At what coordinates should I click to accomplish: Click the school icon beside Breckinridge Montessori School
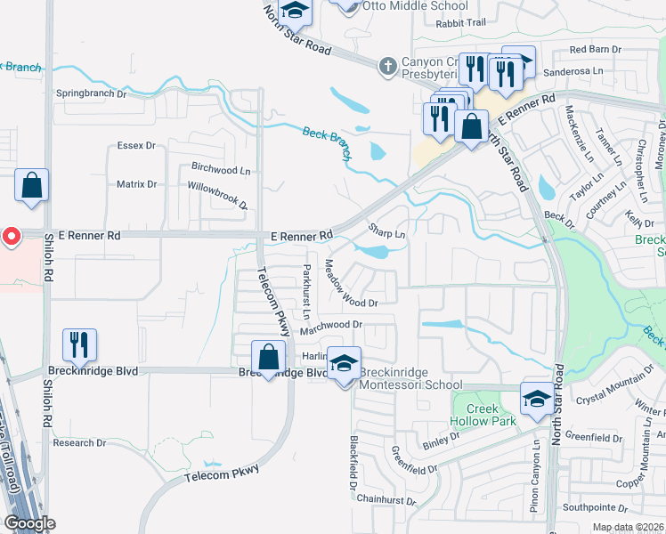tap(344, 363)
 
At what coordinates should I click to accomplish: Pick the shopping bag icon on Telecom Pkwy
tap(268, 358)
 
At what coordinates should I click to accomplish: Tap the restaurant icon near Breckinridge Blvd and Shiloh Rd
tap(79, 345)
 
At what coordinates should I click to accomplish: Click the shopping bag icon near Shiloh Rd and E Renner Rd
tap(31, 186)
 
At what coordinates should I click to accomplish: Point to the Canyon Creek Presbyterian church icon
tap(387, 65)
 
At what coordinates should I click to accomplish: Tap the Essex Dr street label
tap(135, 144)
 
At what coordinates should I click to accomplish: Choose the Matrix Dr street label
tap(136, 184)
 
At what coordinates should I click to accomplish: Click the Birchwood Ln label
tap(221, 167)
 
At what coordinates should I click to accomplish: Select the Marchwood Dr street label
tap(330, 327)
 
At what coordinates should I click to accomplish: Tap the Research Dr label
tap(79, 442)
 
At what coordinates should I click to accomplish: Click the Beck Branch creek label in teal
tap(328, 137)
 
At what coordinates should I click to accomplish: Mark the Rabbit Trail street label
tap(461, 22)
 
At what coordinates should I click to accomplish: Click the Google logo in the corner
tap(29, 523)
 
